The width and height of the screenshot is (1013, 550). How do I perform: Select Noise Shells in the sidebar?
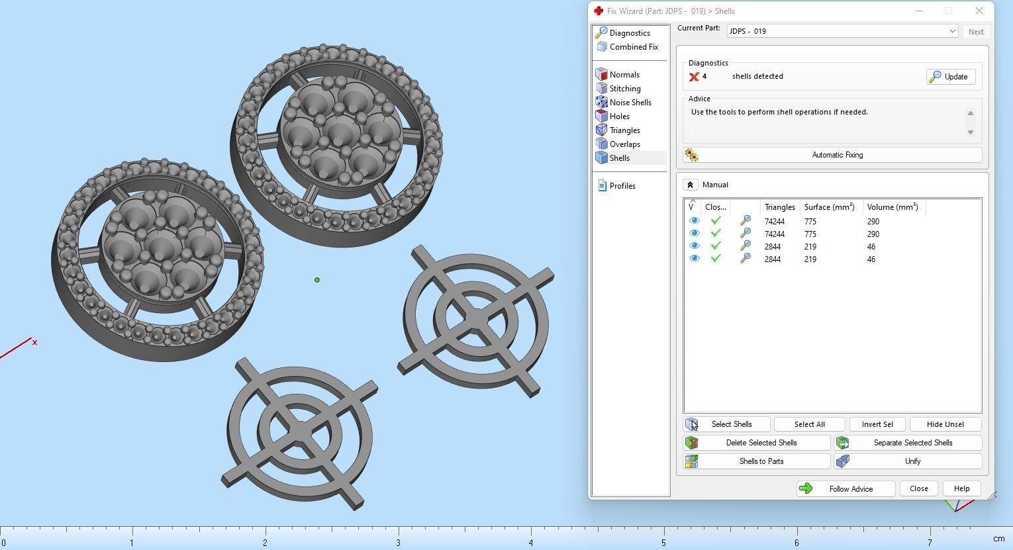coord(630,103)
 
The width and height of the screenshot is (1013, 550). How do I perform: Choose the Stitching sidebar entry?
coord(624,89)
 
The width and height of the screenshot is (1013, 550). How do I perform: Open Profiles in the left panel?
coord(622,186)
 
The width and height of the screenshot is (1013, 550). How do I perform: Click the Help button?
coord(961,488)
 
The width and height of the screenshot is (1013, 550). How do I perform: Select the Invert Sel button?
coord(877,424)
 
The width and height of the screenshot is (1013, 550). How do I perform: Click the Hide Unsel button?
coord(945,424)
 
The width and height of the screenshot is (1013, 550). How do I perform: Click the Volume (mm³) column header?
coord(892,207)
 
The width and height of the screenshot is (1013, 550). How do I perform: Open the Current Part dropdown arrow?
coord(952,31)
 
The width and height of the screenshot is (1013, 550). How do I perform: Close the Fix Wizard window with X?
coord(979,11)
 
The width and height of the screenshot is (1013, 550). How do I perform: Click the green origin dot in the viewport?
coord(317,280)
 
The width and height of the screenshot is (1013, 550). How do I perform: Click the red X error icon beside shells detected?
coord(694,77)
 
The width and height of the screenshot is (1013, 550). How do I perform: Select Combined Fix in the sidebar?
coord(633,47)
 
